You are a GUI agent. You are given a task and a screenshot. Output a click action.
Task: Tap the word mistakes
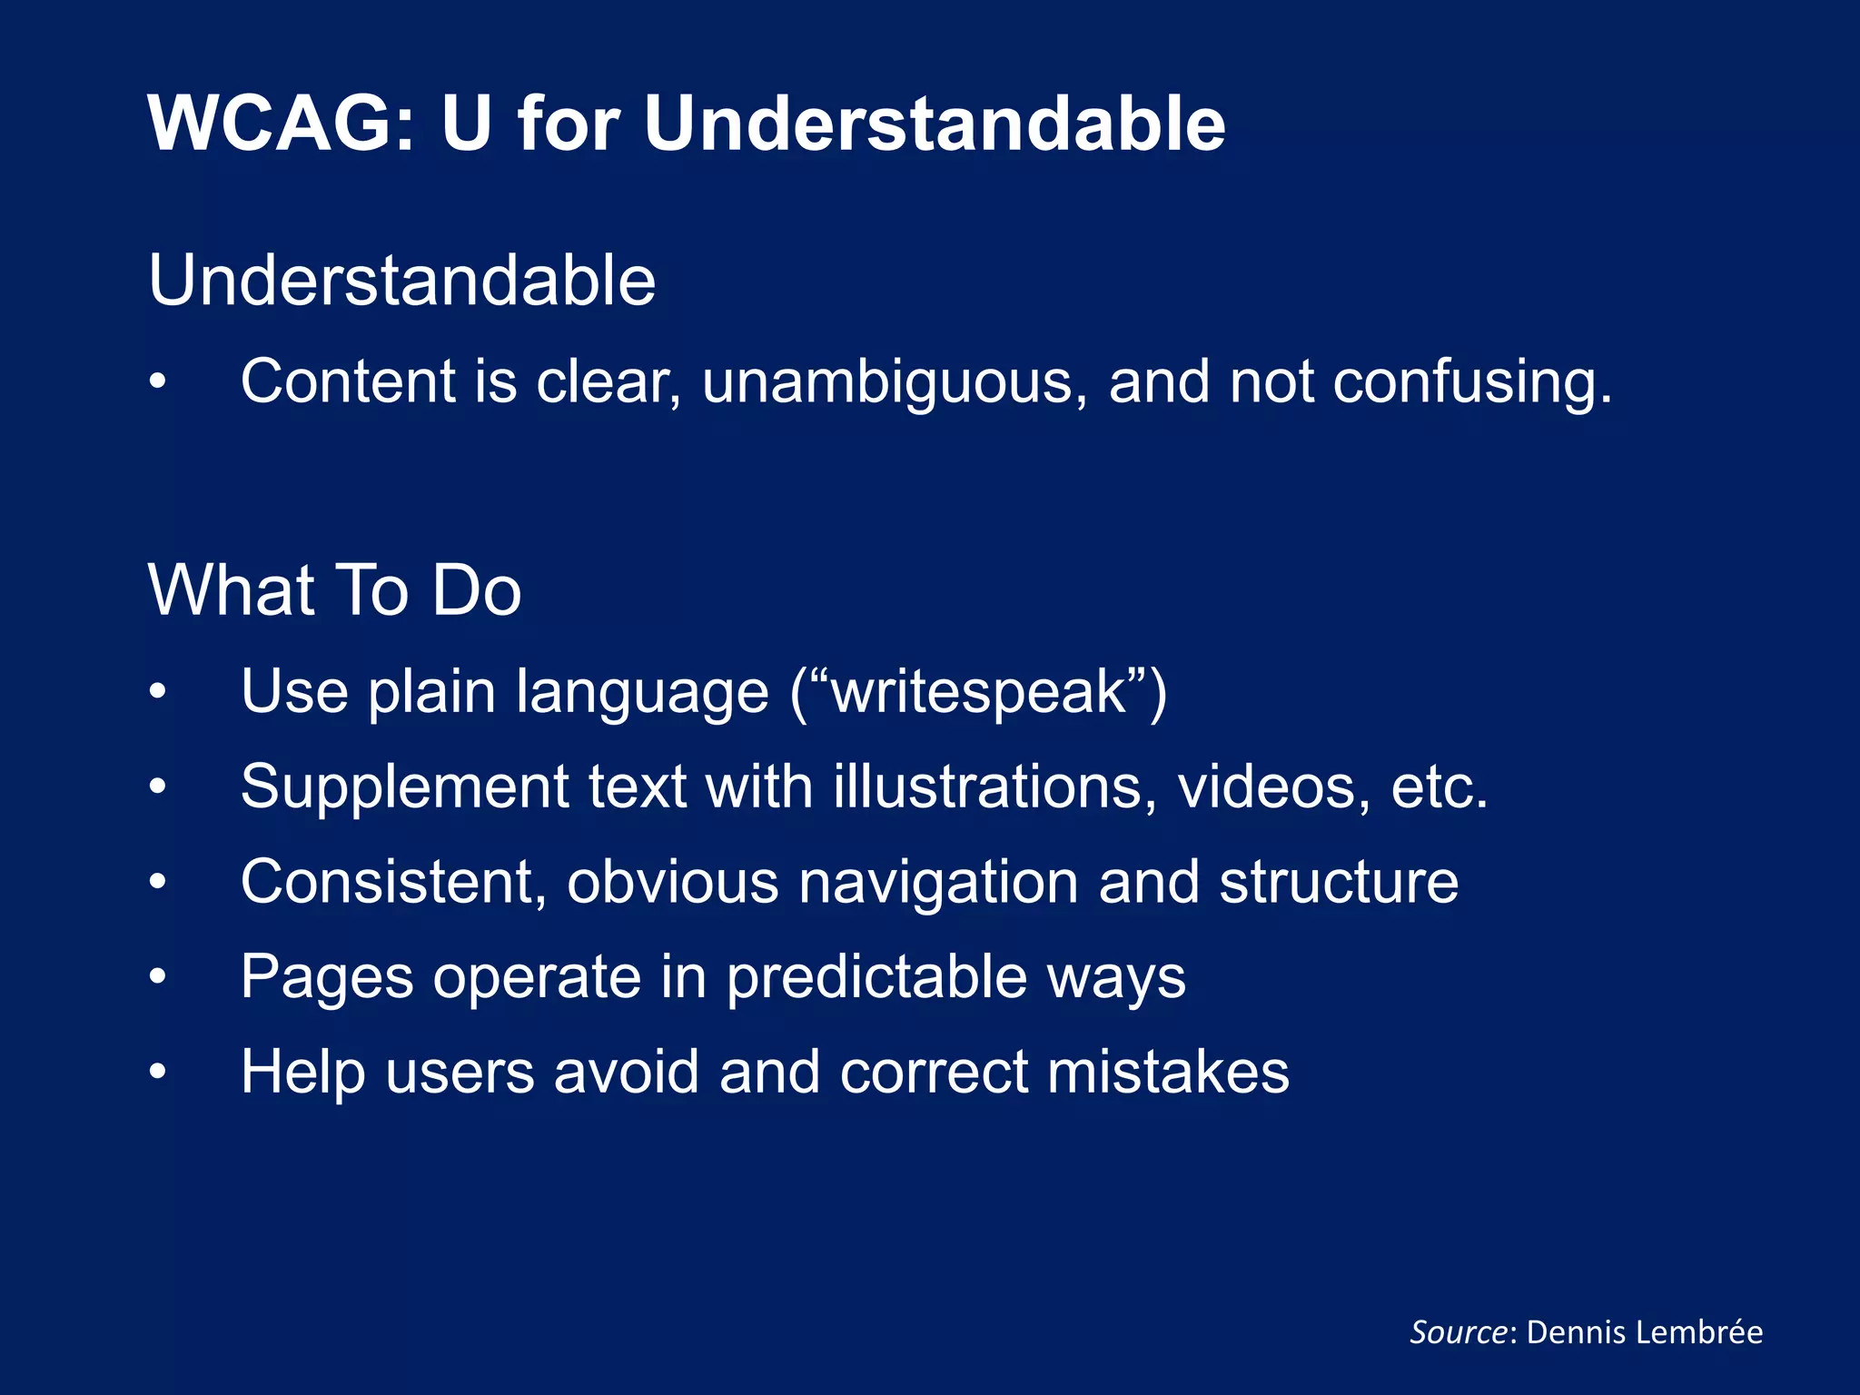coord(1168,1073)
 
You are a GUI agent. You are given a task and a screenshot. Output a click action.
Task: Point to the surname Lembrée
coord(1707,1332)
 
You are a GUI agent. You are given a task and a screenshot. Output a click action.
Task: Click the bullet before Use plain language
coord(158,692)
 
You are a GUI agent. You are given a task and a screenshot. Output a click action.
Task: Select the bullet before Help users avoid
coord(158,1073)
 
